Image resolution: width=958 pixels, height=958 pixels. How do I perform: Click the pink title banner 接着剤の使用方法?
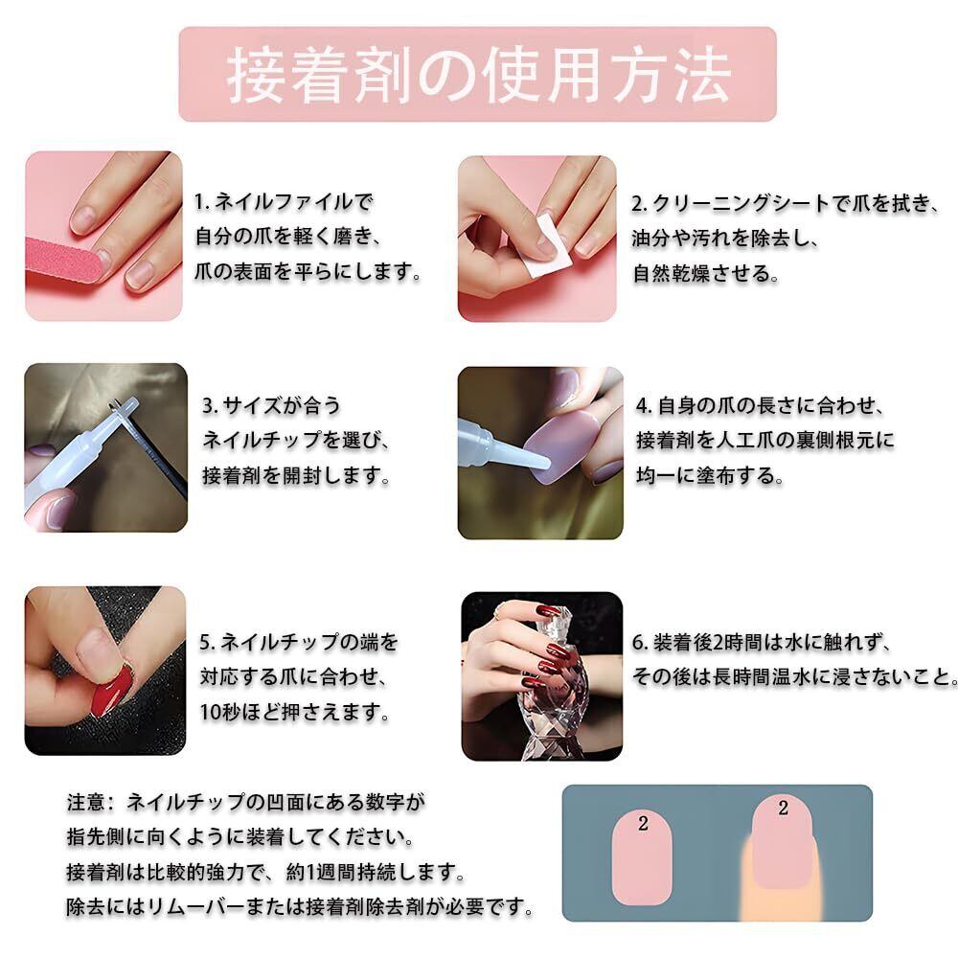477,74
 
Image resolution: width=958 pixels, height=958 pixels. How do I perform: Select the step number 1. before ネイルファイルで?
201,202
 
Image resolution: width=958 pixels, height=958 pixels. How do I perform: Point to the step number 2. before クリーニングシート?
639,203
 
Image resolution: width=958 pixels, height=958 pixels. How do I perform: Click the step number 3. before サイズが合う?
210,405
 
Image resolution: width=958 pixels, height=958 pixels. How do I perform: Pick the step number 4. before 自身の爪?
644,405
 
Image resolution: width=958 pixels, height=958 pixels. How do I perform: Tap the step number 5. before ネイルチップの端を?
207,642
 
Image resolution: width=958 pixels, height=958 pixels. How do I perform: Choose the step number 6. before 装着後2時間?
640,642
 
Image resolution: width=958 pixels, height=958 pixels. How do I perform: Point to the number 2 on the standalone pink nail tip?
643,824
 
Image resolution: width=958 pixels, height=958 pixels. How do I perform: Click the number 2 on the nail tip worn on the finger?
784,809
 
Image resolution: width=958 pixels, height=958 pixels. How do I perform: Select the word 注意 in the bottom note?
85,802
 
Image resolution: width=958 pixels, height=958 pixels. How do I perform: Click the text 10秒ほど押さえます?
294,712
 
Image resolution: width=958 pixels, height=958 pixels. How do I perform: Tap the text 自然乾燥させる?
706,273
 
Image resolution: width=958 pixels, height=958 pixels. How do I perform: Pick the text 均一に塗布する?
710,475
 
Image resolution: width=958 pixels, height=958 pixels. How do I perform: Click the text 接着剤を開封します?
296,475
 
